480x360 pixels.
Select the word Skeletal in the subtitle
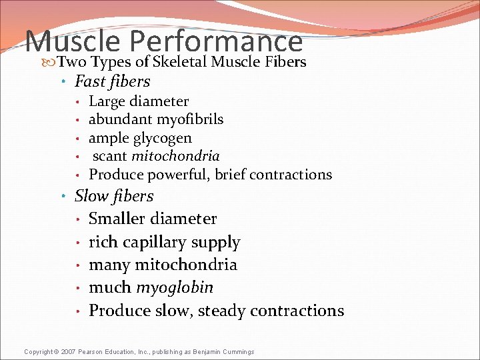(x=179, y=63)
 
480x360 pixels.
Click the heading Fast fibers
(x=113, y=82)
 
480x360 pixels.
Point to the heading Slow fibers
(x=114, y=196)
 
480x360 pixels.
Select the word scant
(x=110, y=156)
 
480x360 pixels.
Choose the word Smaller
(x=117, y=219)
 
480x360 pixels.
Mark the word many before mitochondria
(x=109, y=265)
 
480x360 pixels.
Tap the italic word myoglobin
(x=175, y=288)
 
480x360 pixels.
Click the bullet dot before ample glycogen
(x=79, y=139)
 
